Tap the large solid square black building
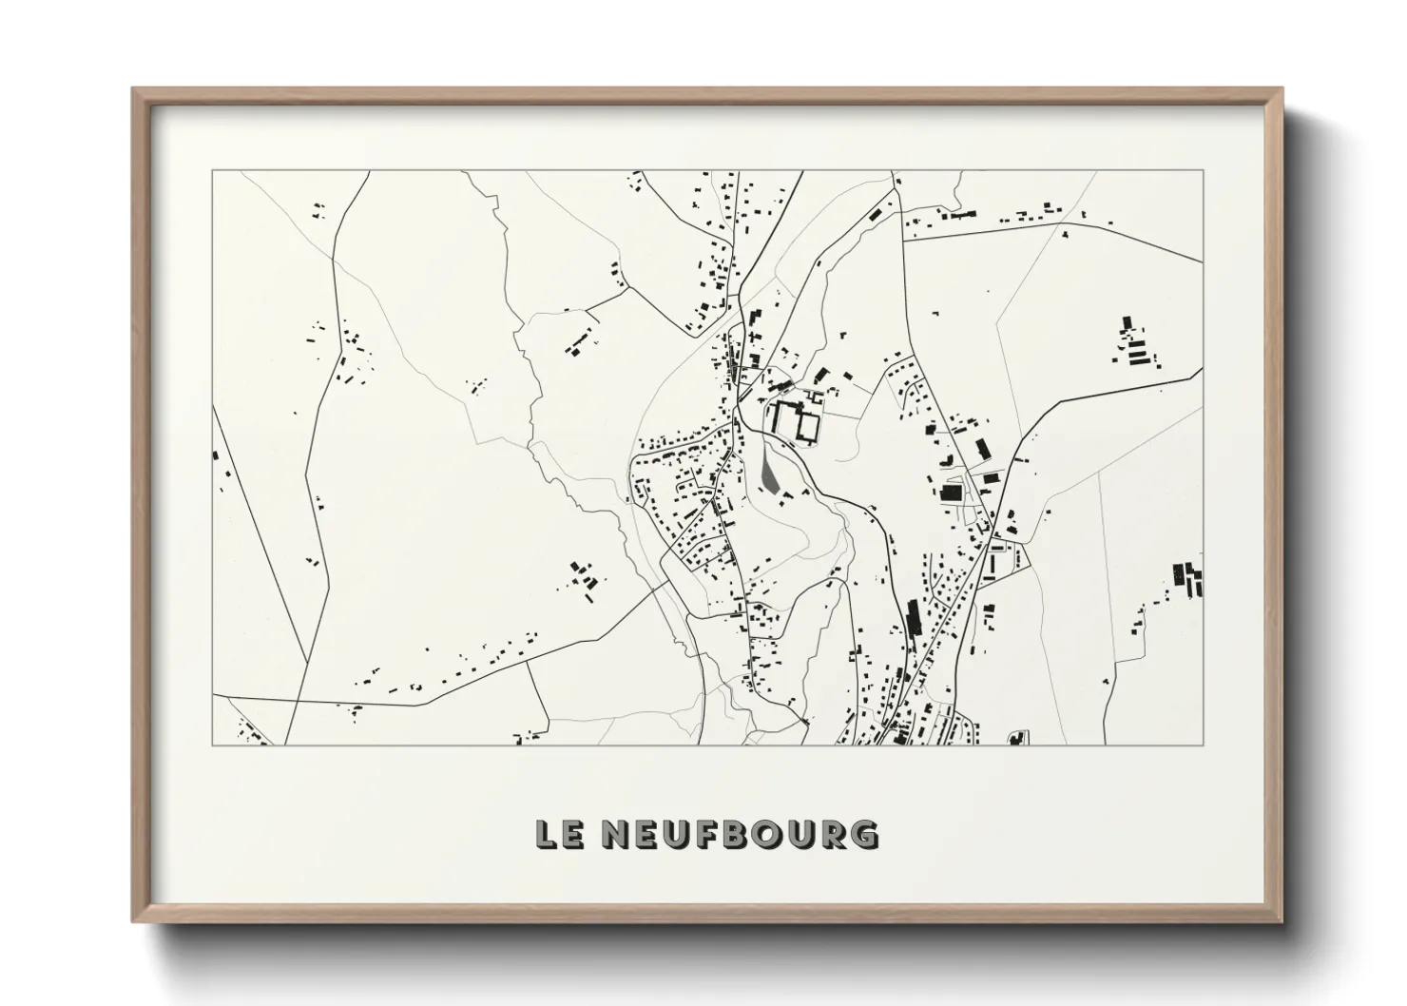coord(950,492)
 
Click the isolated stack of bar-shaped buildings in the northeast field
coord(1134,344)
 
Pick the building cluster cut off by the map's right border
coord(1188,579)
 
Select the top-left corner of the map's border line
coord(212,171)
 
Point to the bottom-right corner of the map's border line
coord(1204,745)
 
